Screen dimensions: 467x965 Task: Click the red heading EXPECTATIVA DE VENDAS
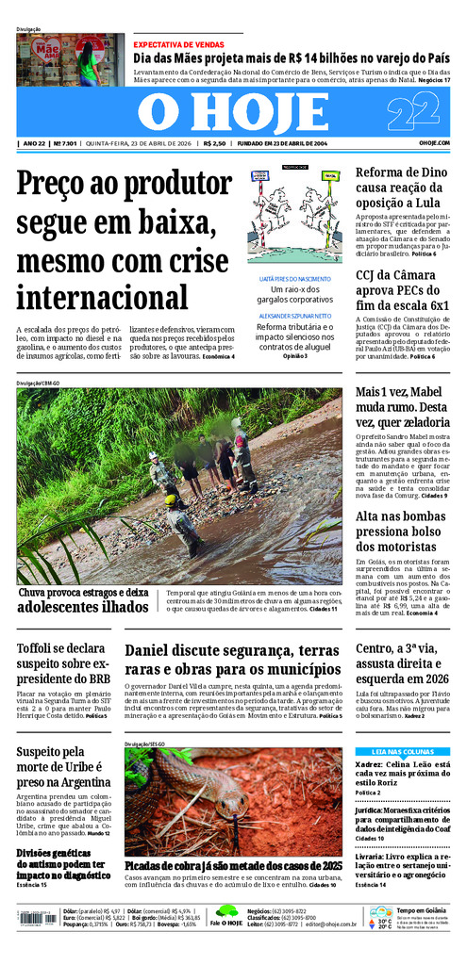[x=178, y=44]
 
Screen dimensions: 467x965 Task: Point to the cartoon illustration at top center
[x=294, y=216]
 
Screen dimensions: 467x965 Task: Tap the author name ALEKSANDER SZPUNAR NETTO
[x=294, y=317]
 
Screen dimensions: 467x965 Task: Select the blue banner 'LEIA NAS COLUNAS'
[x=402, y=751]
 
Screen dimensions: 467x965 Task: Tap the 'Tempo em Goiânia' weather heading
[x=420, y=909]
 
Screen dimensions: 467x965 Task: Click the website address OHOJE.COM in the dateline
[x=434, y=143]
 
